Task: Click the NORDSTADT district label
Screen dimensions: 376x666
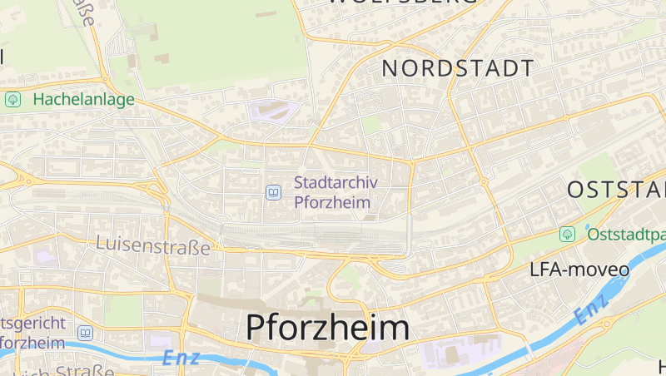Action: click(x=457, y=69)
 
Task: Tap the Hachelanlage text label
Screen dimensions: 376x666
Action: click(x=83, y=100)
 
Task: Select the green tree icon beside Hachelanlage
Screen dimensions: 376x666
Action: click(x=13, y=100)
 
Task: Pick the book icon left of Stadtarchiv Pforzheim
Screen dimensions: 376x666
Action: click(x=273, y=193)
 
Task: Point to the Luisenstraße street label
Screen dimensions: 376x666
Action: click(x=153, y=244)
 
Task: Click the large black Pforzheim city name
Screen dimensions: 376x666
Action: click(x=327, y=327)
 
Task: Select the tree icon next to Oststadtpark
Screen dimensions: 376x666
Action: click(x=567, y=234)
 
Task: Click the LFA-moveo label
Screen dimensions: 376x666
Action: click(x=574, y=270)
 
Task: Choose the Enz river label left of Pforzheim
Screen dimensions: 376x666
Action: click(x=181, y=358)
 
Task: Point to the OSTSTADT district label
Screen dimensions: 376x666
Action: click(x=616, y=190)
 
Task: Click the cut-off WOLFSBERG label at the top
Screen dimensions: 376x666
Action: click(x=405, y=3)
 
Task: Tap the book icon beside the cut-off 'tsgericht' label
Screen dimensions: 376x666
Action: click(x=84, y=333)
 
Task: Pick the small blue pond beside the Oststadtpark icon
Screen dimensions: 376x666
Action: click(x=586, y=225)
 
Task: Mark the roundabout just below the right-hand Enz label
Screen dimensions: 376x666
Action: click(x=605, y=323)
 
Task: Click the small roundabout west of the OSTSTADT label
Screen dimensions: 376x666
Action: click(x=483, y=181)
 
